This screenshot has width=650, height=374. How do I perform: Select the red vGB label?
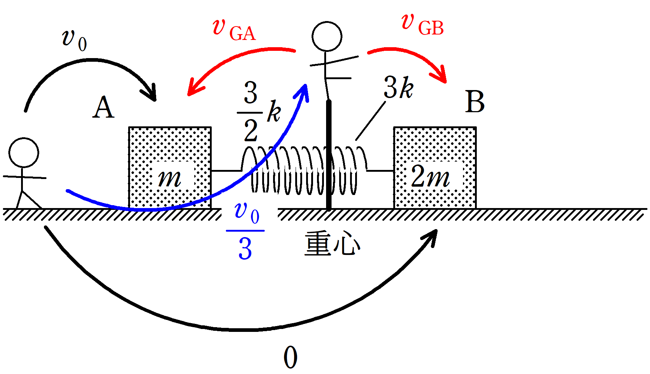coord(422,24)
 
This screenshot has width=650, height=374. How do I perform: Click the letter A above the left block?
coord(103,108)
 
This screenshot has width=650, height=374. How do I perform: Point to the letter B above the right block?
coord(475,102)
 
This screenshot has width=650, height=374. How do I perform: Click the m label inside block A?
coord(169,178)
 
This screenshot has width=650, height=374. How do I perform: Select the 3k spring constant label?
coord(398,88)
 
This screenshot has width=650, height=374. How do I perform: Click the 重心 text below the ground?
coord(332,244)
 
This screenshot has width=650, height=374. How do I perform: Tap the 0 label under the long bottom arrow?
coord(290,358)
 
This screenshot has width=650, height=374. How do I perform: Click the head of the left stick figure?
coord(24,153)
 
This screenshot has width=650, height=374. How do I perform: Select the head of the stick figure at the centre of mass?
coord(327,36)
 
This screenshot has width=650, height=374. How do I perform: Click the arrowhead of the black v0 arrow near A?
coord(151,94)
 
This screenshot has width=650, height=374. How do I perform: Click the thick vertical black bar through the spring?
coord(329,156)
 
